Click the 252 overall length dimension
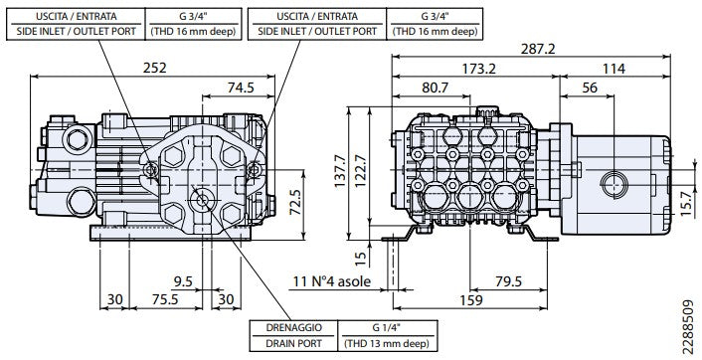tap(155, 68)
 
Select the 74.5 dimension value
tap(241, 88)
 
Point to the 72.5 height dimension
tap(295, 203)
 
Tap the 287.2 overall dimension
tap(538, 49)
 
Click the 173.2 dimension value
tap(479, 69)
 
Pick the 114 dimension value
tap(614, 69)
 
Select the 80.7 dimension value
tap(435, 88)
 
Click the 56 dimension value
tap(590, 88)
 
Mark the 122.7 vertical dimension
tap(360, 172)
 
